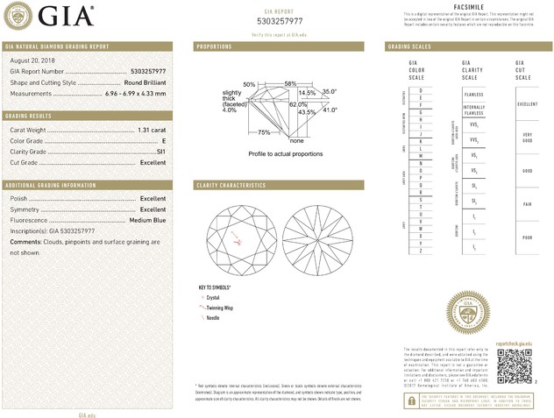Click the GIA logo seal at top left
click(19, 16)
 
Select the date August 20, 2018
click(34, 60)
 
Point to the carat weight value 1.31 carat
click(152, 130)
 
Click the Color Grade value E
click(163, 140)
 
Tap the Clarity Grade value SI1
click(160, 152)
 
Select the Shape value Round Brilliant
click(144, 81)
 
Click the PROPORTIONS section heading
click(214, 46)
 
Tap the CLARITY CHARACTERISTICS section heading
click(231, 186)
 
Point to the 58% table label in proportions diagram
click(290, 83)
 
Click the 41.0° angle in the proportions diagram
click(330, 110)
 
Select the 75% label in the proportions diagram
click(264, 132)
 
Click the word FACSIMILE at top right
click(465, 5)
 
